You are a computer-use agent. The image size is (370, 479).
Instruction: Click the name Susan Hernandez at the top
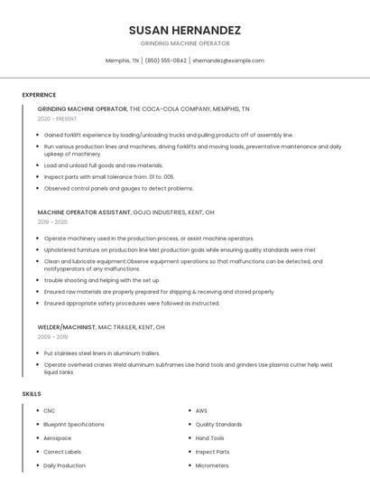185,30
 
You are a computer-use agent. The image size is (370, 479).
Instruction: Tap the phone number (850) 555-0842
166,61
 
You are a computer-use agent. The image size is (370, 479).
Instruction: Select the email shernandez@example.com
228,61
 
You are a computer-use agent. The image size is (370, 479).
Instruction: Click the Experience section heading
39,95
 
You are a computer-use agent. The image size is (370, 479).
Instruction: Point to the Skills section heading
32,394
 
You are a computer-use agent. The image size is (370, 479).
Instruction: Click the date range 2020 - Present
57,118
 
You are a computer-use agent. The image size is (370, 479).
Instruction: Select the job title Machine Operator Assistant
90,212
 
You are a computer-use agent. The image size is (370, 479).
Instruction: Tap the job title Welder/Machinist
69,326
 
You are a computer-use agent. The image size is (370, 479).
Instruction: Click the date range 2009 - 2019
52,336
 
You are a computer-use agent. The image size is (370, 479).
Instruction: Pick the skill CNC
50,411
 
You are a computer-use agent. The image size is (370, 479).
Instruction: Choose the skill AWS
201,411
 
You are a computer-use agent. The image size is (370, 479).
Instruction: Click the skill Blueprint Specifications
74,425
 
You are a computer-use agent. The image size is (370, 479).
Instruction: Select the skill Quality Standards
218,425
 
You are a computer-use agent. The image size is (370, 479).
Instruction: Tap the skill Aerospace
57,438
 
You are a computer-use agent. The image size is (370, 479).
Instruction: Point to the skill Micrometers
213,465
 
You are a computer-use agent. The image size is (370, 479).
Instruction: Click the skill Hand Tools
210,438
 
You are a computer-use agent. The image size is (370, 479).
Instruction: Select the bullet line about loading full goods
104,165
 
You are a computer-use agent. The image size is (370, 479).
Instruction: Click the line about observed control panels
118,189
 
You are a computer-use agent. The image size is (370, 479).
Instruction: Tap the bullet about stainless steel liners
102,353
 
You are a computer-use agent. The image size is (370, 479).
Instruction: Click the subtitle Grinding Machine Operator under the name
185,43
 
